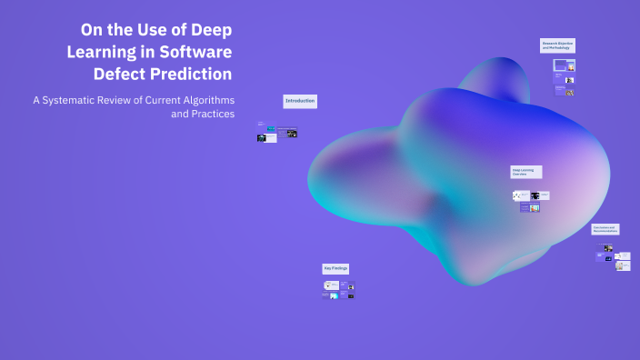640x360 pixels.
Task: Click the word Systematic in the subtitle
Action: click(86, 99)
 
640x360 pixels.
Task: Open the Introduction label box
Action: click(299, 101)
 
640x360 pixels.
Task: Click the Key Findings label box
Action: click(335, 268)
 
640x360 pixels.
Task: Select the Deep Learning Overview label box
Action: click(525, 171)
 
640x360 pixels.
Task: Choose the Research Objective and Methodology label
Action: click(558, 45)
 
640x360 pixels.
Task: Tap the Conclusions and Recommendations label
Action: click(605, 229)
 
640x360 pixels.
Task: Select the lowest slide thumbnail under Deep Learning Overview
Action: click(530, 208)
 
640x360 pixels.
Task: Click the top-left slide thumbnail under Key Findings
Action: click(331, 285)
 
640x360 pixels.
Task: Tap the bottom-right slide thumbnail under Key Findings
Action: click(351, 295)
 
